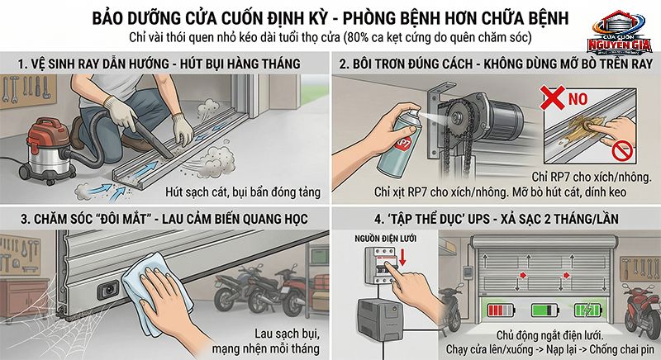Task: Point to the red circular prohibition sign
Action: [626, 150]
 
